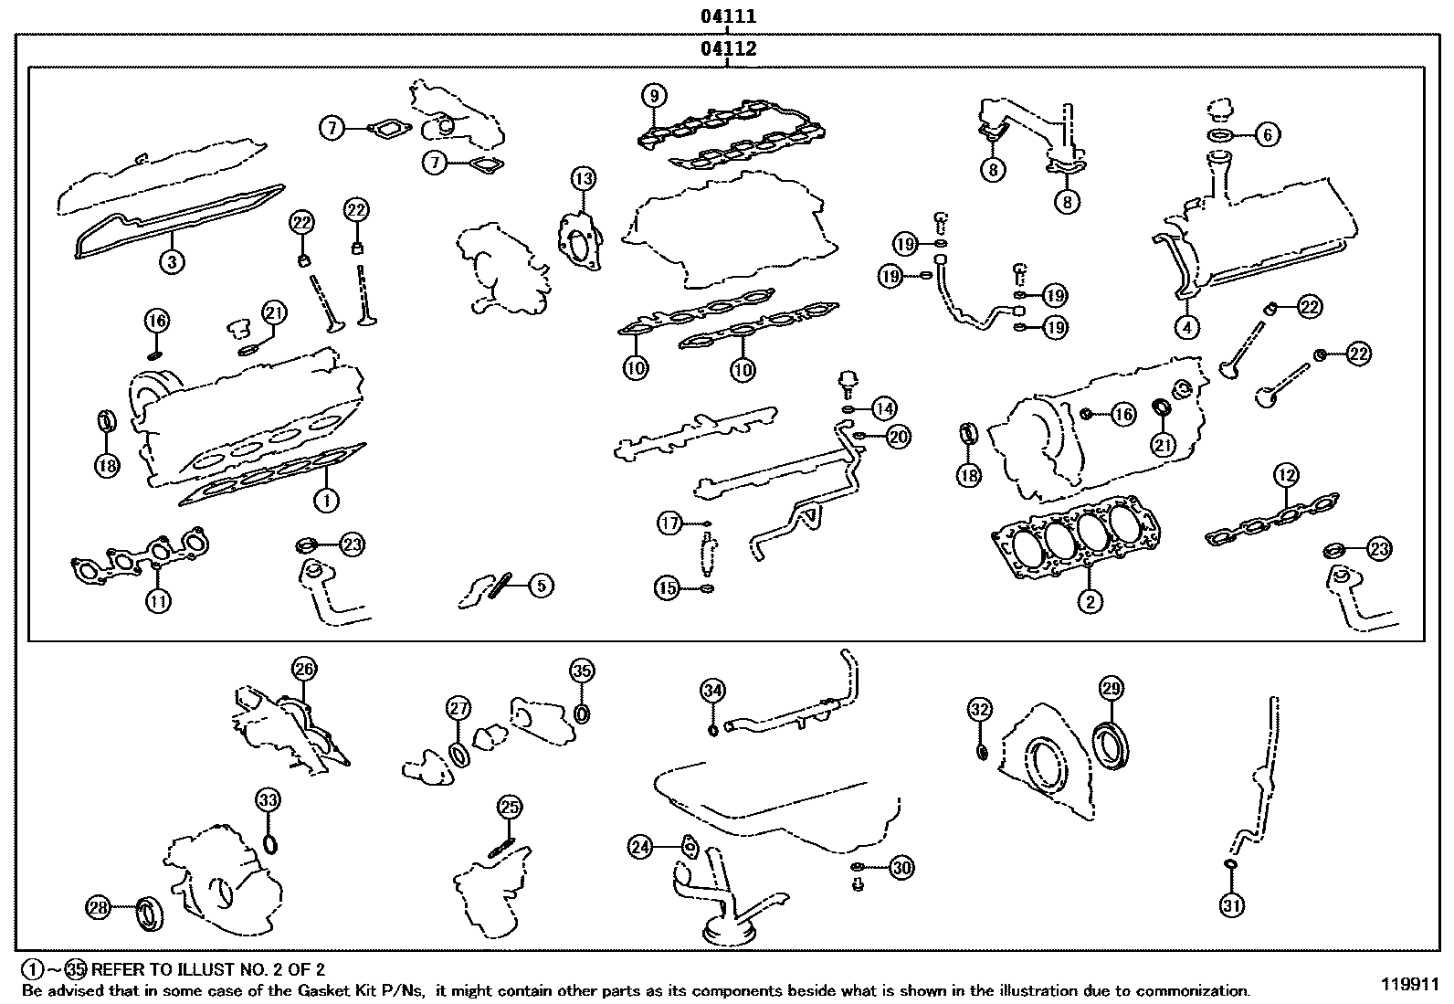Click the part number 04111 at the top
728,16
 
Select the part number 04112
728,49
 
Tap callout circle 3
171,262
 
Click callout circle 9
654,95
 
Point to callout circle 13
584,178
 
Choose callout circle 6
1267,135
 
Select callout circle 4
1186,326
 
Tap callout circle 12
1286,475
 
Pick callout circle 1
326,500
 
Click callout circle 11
159,601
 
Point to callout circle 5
541,585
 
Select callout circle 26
304,670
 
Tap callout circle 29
1112,689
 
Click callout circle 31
1231,905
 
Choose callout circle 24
641,848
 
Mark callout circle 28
98,907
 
